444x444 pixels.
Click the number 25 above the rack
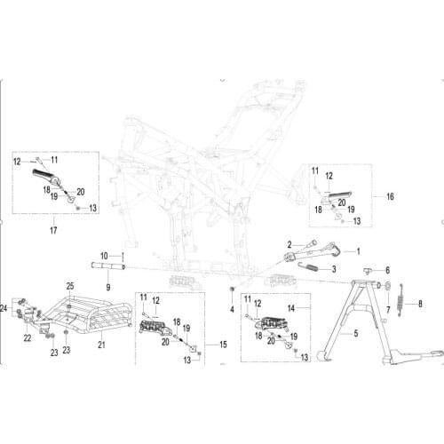click(69, 285)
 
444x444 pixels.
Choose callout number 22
click(28, 337)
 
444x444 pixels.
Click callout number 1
click(360, 251)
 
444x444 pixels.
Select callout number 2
click(289, 242)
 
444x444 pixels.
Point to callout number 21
click(100, 344)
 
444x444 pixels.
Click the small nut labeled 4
click(233, 292)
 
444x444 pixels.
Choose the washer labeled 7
click(389, 286)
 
